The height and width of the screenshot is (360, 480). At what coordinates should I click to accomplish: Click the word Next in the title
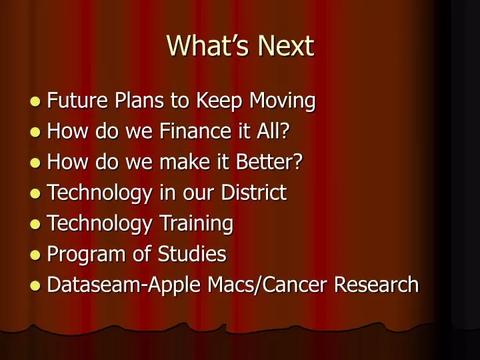[x=286, y=46]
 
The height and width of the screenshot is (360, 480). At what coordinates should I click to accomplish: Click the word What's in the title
[x=208, y=45]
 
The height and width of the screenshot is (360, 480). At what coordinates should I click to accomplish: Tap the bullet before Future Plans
[x=35, y=101]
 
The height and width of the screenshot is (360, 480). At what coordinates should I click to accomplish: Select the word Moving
[x=282, y=101]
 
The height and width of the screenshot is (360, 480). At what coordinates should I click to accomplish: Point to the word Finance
[x=195, y=131]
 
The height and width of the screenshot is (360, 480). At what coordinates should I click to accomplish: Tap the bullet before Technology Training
[x=35, y=224]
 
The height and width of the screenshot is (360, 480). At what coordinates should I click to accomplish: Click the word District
[x=254, y=192]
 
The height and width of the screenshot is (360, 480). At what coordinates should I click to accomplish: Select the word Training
[x=197, y=224]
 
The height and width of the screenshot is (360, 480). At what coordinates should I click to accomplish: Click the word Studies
[x=192, y=254]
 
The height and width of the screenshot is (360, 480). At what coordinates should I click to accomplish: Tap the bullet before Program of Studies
[x=35, y=255]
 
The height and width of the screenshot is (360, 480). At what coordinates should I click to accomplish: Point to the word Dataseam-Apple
[x=124, y=285]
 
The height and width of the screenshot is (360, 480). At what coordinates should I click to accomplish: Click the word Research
[x=376, y=285]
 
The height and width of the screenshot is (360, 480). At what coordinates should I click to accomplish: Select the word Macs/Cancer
[x=267, y=285]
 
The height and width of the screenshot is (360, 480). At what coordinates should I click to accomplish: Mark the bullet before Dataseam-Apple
[x=35, y=285]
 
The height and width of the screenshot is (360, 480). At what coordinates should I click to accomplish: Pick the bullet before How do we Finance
[x=35, y=132]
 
